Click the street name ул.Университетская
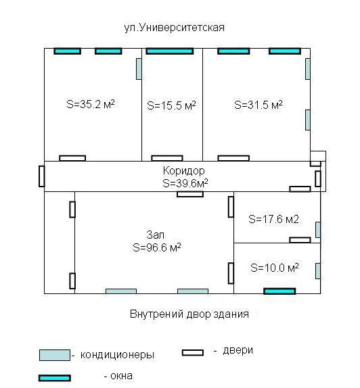(x=174, y=28)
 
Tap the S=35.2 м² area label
(x=91, y=104)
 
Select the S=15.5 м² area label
(x=171, y=105)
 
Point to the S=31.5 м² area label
(x=258, y=105)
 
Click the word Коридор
(x=184, y=171)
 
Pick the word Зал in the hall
(x=156, y=235)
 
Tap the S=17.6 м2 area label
(x=273, y=219)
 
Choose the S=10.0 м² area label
(x=275, y=268)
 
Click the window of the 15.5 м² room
(x=170, y=51)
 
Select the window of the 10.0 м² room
(x=279, y=291)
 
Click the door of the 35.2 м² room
(x=72, y=158)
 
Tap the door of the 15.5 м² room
(x=167, y=158)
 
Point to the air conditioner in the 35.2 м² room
(x=139, y=69)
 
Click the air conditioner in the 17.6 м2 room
(x=318, y=230)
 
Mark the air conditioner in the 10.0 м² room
(x=318, y=271)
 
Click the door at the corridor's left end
(x=42, y=176)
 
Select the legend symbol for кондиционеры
(x=55, y=355)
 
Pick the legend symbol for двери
(x=193, y=352)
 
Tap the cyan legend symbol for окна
(x=55, y=378)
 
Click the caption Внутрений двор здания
(x=189, y=314)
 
